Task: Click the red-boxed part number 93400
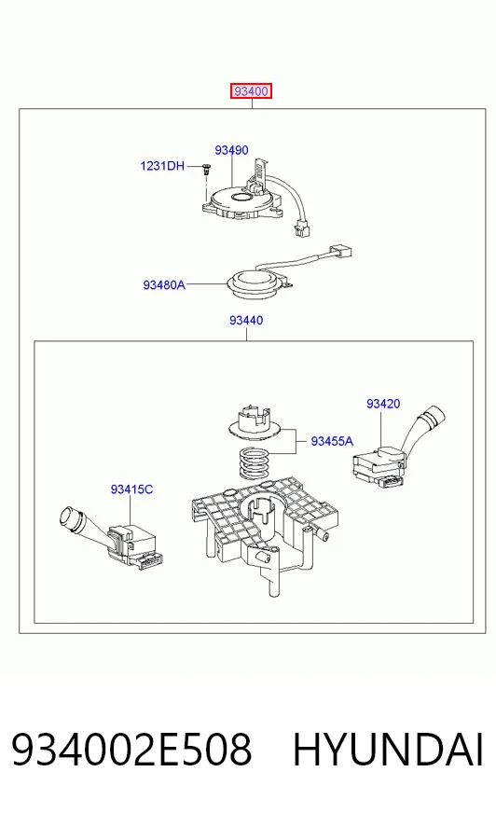251,91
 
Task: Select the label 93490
231,150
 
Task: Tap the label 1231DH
162,166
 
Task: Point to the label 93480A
164,284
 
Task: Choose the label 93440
246,321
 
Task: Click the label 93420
383,404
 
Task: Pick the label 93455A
332,441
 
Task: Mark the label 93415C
131,489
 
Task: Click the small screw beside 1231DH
207,168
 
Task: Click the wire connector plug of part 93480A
341,252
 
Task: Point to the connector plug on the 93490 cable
301,228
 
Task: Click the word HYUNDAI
388,750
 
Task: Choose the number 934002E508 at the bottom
131,750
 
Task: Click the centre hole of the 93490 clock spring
241,197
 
